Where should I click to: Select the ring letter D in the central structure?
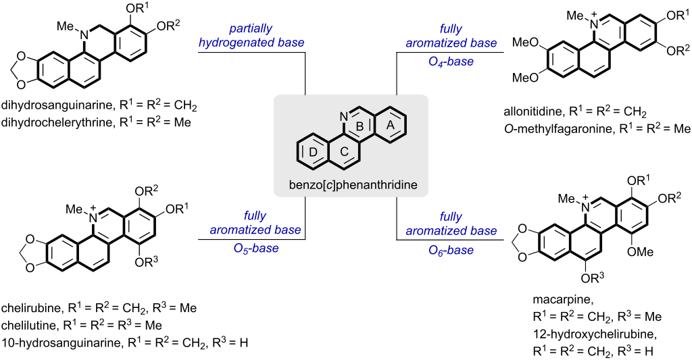click(x=313, y=153)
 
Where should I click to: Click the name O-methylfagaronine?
click(x=549, y=126)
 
